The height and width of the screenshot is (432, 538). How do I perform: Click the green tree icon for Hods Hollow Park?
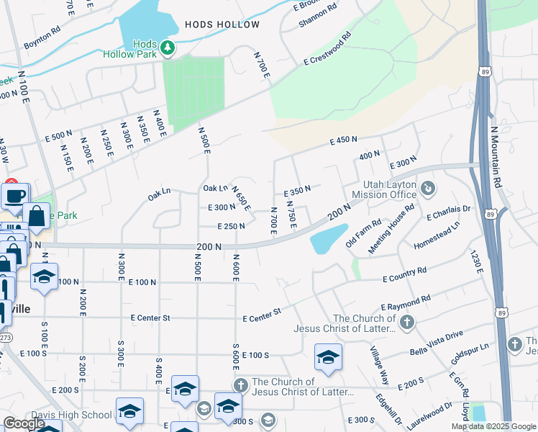pos(168,48)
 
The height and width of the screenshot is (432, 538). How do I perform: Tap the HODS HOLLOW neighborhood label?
pos(222,24)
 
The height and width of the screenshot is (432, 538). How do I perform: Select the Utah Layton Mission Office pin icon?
pos(429,188)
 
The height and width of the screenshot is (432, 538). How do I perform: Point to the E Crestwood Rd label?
pos(327,49)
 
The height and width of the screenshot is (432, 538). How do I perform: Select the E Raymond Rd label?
pos(406,302)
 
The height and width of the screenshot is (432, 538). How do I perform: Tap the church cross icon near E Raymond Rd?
pos(407,321)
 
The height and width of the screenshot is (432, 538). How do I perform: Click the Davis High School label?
pos(71,415)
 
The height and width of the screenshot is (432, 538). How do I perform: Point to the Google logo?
pos(24,423)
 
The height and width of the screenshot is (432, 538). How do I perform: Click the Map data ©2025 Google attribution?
pos(493,426)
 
